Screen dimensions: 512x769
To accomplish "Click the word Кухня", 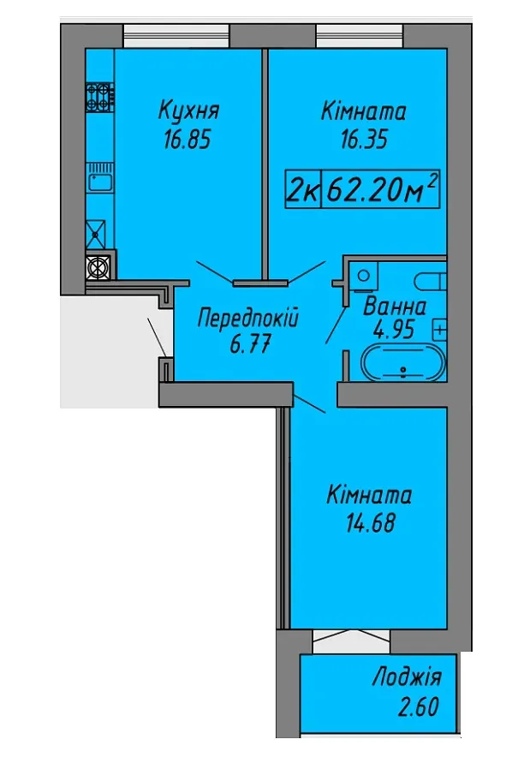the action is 189,111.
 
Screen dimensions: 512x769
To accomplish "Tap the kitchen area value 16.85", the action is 188,140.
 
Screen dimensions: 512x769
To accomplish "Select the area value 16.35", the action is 364,140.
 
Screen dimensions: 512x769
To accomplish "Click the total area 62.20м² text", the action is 381,189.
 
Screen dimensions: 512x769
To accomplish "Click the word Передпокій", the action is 248,319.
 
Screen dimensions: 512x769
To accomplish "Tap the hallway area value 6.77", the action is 250,345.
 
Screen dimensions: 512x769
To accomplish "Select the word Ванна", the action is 395,307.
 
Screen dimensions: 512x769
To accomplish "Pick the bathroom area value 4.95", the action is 394,330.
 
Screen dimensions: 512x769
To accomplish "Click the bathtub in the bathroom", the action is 403,363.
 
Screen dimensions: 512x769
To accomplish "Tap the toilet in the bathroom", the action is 431,282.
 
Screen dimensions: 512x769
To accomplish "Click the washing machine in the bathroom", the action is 363,276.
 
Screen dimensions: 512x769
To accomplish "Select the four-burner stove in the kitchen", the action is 100,97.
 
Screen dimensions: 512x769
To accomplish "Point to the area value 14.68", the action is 370,523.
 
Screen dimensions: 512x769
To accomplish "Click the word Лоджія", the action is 407,677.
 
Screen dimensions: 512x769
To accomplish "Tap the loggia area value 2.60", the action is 419,707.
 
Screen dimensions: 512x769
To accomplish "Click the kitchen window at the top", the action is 176,35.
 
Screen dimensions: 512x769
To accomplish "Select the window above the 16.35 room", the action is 360,35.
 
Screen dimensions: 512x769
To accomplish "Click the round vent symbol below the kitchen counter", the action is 97,268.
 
